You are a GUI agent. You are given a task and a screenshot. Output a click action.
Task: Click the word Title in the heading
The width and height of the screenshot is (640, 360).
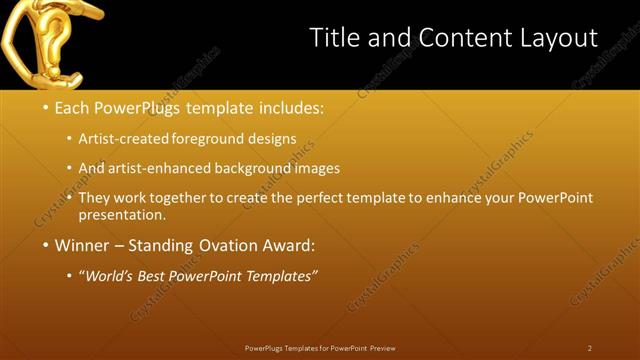click(x=335, y=38)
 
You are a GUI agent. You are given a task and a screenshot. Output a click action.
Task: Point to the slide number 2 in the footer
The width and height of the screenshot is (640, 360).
click(x=590, y=348)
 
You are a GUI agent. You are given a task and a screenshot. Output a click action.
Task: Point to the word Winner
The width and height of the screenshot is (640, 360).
click(x=83, y=245)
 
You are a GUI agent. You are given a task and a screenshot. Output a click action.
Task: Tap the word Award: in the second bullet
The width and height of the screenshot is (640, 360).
click(x=287, y=245)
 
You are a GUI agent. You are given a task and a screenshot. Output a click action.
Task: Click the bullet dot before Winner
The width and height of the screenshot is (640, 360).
click(x=45, y=245)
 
